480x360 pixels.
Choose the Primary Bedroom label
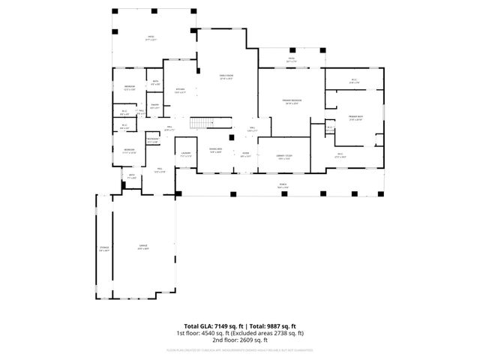292,101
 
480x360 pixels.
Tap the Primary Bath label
355,117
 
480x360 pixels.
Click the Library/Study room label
283,157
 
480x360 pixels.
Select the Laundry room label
185,154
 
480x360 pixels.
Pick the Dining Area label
216,150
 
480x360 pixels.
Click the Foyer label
245,154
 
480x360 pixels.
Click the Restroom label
152,139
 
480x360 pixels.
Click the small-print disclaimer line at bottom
240,349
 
